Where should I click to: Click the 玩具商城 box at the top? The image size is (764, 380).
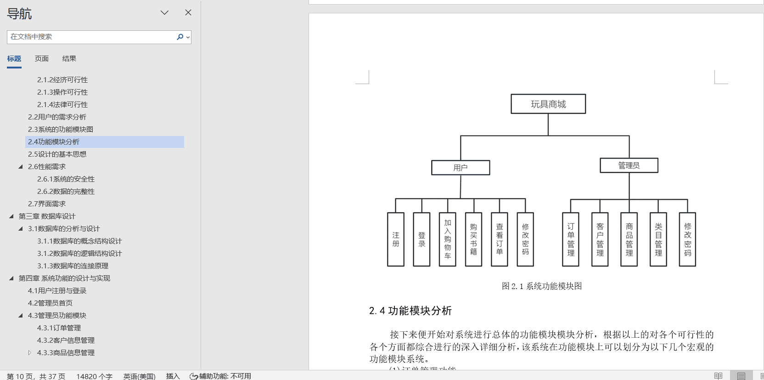point(548,104)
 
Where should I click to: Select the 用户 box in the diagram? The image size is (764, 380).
point(461,168)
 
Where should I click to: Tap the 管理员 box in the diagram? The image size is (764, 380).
point(629,165)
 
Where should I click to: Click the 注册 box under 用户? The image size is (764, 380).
point(396,239)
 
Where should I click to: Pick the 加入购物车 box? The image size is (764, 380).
point(448,239)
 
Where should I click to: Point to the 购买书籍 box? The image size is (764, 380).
point(473,239)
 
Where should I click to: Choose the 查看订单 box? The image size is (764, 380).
point(500,239)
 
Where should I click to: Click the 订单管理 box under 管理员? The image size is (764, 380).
point(571,239)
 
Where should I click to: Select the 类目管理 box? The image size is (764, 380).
point(658,239)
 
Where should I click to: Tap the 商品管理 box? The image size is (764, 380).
point(629,239)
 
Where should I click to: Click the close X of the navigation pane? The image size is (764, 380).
point(188,12)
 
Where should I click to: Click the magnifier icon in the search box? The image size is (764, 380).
point(180,37)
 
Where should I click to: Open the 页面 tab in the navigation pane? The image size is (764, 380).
point(42,59)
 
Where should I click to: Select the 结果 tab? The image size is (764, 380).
point(69,59)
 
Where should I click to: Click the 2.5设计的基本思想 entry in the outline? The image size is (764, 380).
point(57,154)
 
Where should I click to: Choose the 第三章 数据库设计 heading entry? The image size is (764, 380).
point(47,216)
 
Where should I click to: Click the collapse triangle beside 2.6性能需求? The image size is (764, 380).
point(21,167)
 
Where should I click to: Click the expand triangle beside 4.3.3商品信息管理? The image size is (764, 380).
point(30,353)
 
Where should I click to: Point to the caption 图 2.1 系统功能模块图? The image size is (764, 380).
point(542,286)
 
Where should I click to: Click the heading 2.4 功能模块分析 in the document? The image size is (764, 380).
point(410,311)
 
